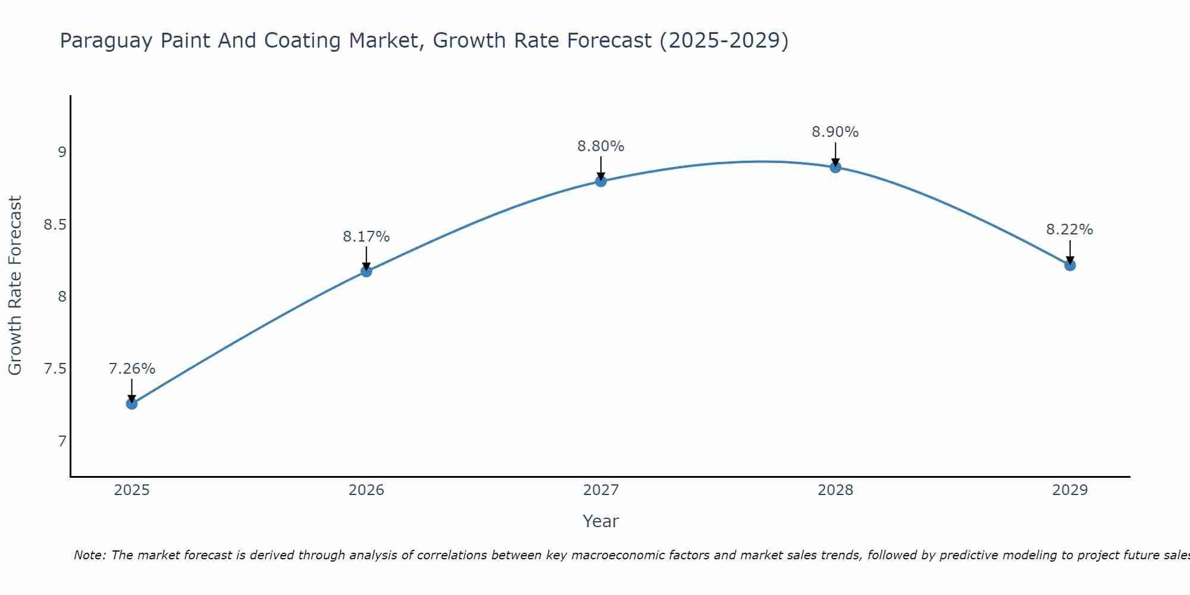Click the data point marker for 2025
[x=131, y=404]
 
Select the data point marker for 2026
[x=366, y=271]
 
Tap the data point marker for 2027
[x=601, y=181]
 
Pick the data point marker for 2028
[x=835, y=167]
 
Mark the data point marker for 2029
[x=1070, y=265]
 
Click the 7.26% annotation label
[x=131, y=369]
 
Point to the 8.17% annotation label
[x=366, y=237]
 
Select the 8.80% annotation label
[x=601, y=146]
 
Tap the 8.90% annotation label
[x=835, y=132]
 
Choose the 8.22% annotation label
[x=1070, y=230]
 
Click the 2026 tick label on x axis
[x=366, y=490]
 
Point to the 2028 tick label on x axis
[x=835, y=490]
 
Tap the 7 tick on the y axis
[x=62, y=441]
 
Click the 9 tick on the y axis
[x=62, y=152]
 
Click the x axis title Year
[x=601, y=521]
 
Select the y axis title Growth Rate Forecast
[x=15, y=286]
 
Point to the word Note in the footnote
[x=89, y=555]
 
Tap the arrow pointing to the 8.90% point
[x=835, y=154]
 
